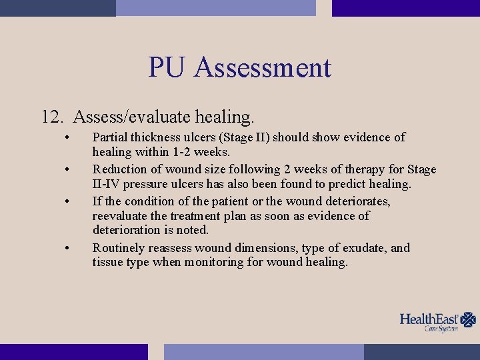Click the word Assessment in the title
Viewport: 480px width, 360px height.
[x=263, y=68]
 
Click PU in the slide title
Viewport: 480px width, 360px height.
[x=169, y=68]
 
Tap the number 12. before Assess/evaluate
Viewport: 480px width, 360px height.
[x=53, y=117]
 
